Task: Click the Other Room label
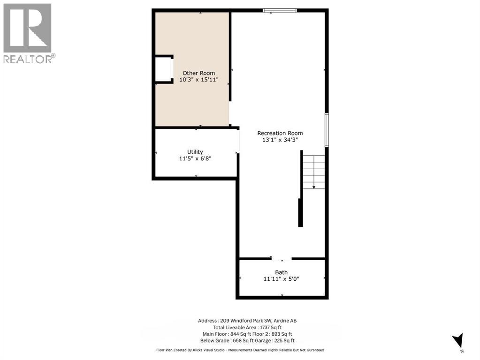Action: [x=199, y=73]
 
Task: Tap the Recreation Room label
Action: [x=280, y=133]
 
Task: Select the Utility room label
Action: [x=195, y=152]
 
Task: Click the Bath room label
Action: [x=282, y=272]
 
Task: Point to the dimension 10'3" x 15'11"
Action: [x=199, y=80]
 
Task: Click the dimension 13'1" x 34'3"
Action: [x=280, y=140]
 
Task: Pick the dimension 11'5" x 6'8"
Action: [x=195, y=159]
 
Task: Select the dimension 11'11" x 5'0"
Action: [x=282, y=279]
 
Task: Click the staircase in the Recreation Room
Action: [x=313, y=172]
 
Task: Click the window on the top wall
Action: [x=280, y=10]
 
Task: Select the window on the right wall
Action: [x=327, y=129]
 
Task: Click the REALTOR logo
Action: [x=28, y=33]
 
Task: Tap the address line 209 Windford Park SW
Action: [x=247, y=321]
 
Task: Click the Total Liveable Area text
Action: [x=247, y=327]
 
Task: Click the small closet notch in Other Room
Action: [x=164, y=69]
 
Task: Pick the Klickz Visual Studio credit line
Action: [x=240, y=350]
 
